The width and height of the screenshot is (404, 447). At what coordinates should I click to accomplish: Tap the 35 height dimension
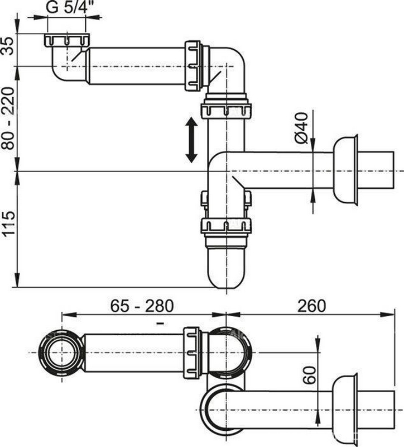click(x=8, y=46)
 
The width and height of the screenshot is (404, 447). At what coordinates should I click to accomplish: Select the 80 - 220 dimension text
click(x=8, y=118)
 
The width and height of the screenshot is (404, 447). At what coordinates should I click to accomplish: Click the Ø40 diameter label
click(x=301, y=128)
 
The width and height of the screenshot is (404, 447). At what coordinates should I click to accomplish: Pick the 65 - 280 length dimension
click(x=142, y=306)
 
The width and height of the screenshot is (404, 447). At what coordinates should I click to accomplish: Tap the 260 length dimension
click(x=311, y=306)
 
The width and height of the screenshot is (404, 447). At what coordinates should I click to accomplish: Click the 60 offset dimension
click(x=310, y=375)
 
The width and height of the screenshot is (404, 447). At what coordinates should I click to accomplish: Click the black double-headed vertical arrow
click(x=191, y=140)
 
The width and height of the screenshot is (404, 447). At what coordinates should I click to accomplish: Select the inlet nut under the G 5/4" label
click(x=67, y=40)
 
